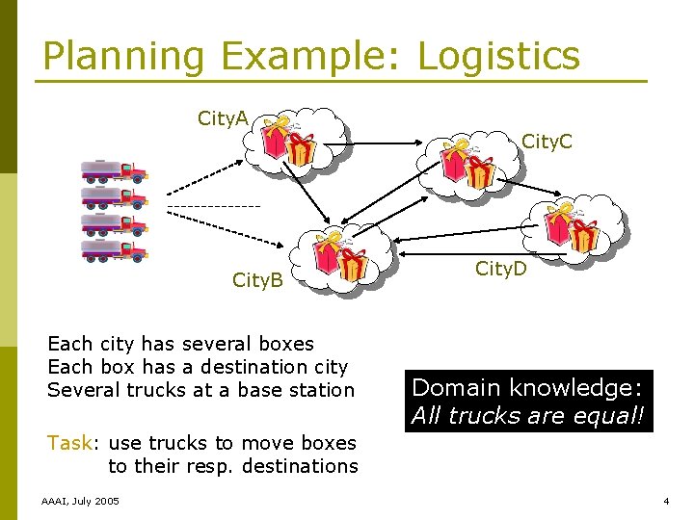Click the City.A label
223,118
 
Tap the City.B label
257,280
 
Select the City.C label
547,143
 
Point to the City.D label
500,269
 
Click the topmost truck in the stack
114,172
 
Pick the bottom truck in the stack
114,250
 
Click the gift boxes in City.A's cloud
290,142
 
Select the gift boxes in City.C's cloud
468,164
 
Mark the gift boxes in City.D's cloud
571,228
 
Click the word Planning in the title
123,56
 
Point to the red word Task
68,443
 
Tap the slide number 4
666,502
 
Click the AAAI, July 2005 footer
81,502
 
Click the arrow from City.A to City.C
390,143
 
